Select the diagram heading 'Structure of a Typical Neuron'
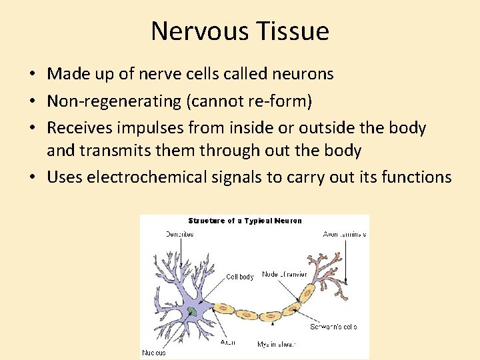click(245, 221)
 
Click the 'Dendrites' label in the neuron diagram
click(179, 235)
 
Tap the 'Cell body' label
click(240, 277)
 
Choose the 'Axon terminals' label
click(344, 235)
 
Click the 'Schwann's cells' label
click(333, 327)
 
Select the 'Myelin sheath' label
click(276, 345)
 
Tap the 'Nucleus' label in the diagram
click(154, 353)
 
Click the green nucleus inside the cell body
click(192, 311)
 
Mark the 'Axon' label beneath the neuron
click(227, 342)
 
